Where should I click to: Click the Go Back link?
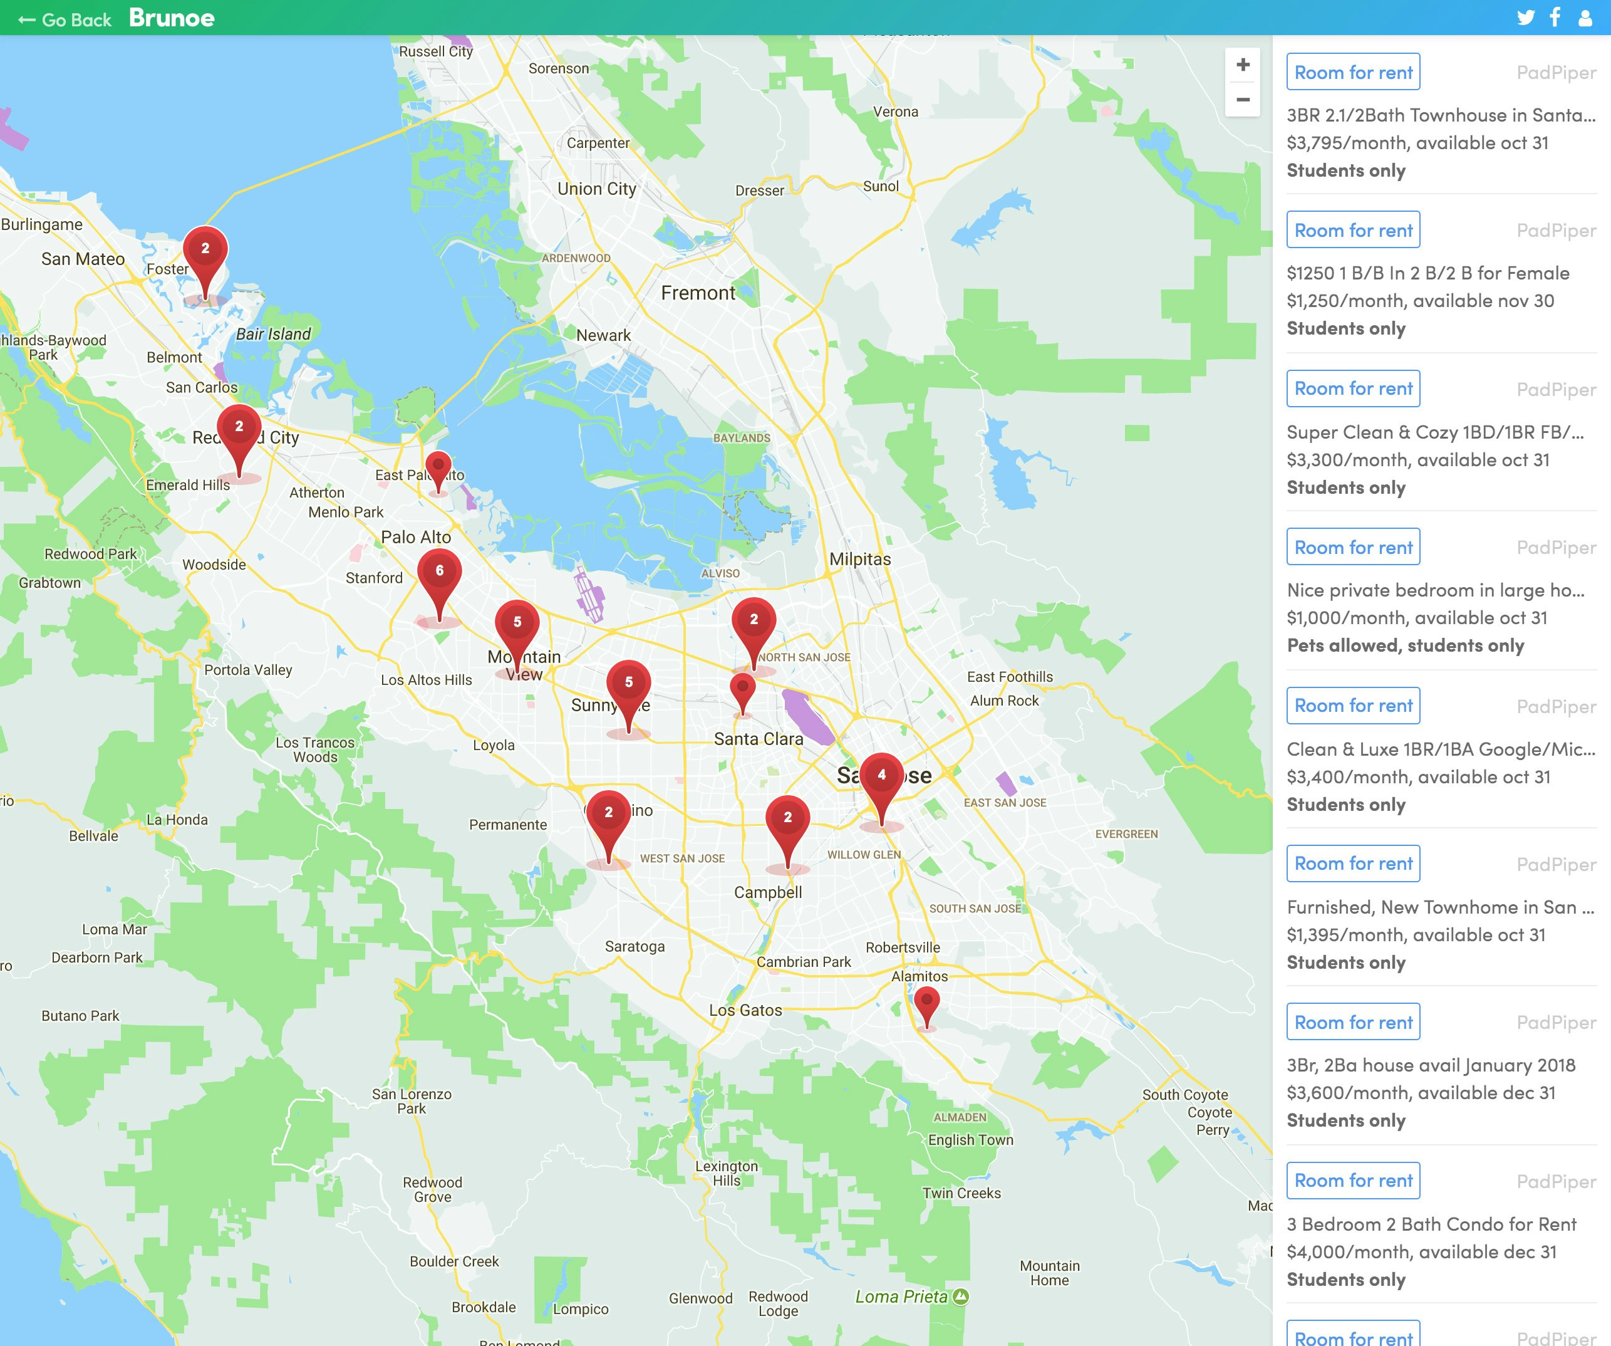[66, 20]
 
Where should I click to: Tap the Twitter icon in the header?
[1525, 18]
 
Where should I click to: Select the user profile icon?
[1585, 18]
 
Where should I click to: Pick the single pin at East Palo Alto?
[438, 465]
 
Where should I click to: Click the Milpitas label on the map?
[860, 560]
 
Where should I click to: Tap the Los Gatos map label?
[745, 1011]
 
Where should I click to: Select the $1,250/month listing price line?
[1420, 301]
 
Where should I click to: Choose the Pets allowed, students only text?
[1406, 645]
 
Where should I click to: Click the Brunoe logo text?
[172, 18]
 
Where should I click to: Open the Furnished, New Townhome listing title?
[1440, 907]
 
